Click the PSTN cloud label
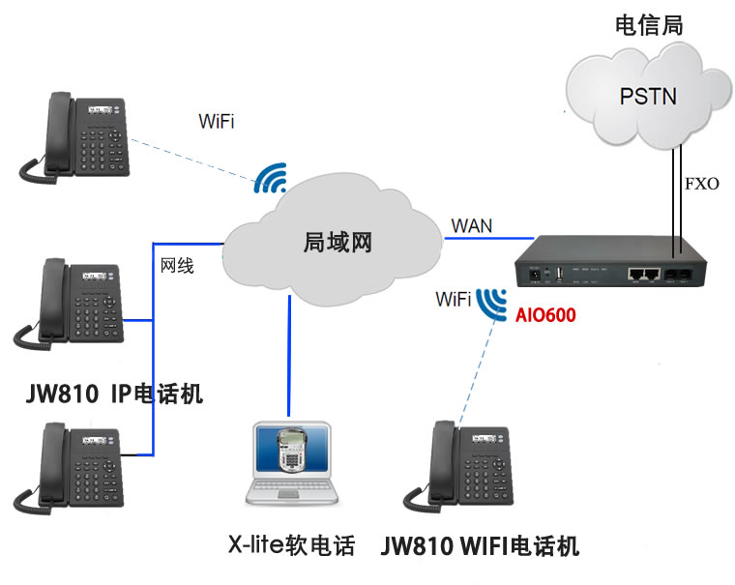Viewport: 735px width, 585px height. coord(648,96)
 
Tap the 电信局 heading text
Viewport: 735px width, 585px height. coord(649,26)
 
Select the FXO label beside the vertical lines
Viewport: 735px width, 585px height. coord(701,184)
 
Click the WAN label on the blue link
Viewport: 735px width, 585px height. coord(471,226)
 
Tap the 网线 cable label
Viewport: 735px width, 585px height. coord(177,266)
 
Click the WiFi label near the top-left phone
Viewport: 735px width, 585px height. coord(217,122)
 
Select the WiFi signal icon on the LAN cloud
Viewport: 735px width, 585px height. coord(271,178)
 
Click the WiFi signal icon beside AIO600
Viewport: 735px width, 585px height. coord(494,303)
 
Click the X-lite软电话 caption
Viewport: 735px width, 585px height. coord(290,546)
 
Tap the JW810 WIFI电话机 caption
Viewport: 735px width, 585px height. coord(480,546)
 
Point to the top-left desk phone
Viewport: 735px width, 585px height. coord(74,137)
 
